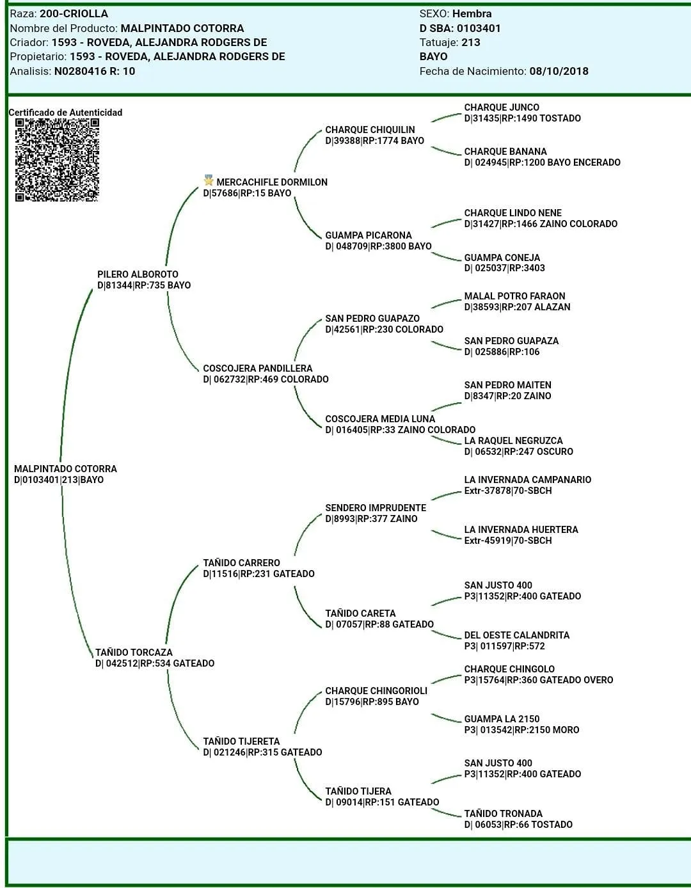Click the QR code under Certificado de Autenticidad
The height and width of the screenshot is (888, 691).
(57, 160)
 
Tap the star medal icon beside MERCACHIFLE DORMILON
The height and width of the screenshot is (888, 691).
(209, 181)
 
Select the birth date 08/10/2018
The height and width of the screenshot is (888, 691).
(559, 71)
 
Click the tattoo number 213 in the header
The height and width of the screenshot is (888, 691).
(470, 42)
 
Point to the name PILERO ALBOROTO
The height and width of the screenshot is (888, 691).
(138, 274)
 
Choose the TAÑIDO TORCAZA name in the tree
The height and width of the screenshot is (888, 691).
(134, 653)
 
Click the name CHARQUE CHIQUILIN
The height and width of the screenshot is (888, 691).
(370, 130)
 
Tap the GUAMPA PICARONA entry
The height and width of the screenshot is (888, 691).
(368, 235)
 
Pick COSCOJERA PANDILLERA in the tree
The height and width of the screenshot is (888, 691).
(257, 369)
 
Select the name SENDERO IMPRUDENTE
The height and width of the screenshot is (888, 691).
(375, 508)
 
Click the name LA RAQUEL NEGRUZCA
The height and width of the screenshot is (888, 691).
(513, 441)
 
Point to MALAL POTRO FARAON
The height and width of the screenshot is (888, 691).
(514, 296)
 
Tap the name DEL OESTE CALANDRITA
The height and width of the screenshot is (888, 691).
(516, 635)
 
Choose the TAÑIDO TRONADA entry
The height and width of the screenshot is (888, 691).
(503, 814)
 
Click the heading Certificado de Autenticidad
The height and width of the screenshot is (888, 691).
(65, 113)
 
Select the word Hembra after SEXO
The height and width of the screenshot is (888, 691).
(472, 13)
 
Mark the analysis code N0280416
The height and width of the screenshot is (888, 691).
(80, 71)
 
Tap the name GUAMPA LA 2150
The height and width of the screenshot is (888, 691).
(502, 719)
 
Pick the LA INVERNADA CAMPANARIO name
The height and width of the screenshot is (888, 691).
(527, 480)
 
